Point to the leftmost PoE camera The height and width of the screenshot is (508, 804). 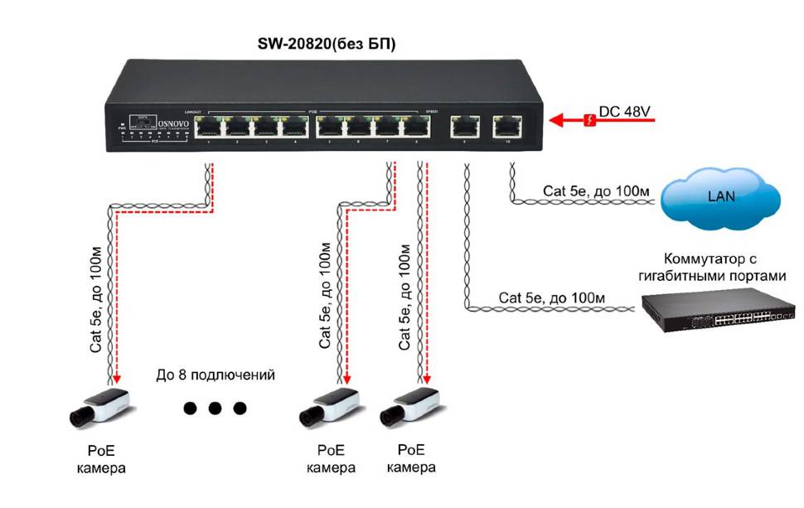(100, 409)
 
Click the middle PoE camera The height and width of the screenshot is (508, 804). (330, 409)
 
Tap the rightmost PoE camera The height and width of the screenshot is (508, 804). (410, 409)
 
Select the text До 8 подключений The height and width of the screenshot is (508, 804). (216, 375)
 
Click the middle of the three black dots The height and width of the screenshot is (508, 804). (216, 408)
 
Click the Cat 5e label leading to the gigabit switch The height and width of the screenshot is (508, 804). (552, 297)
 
